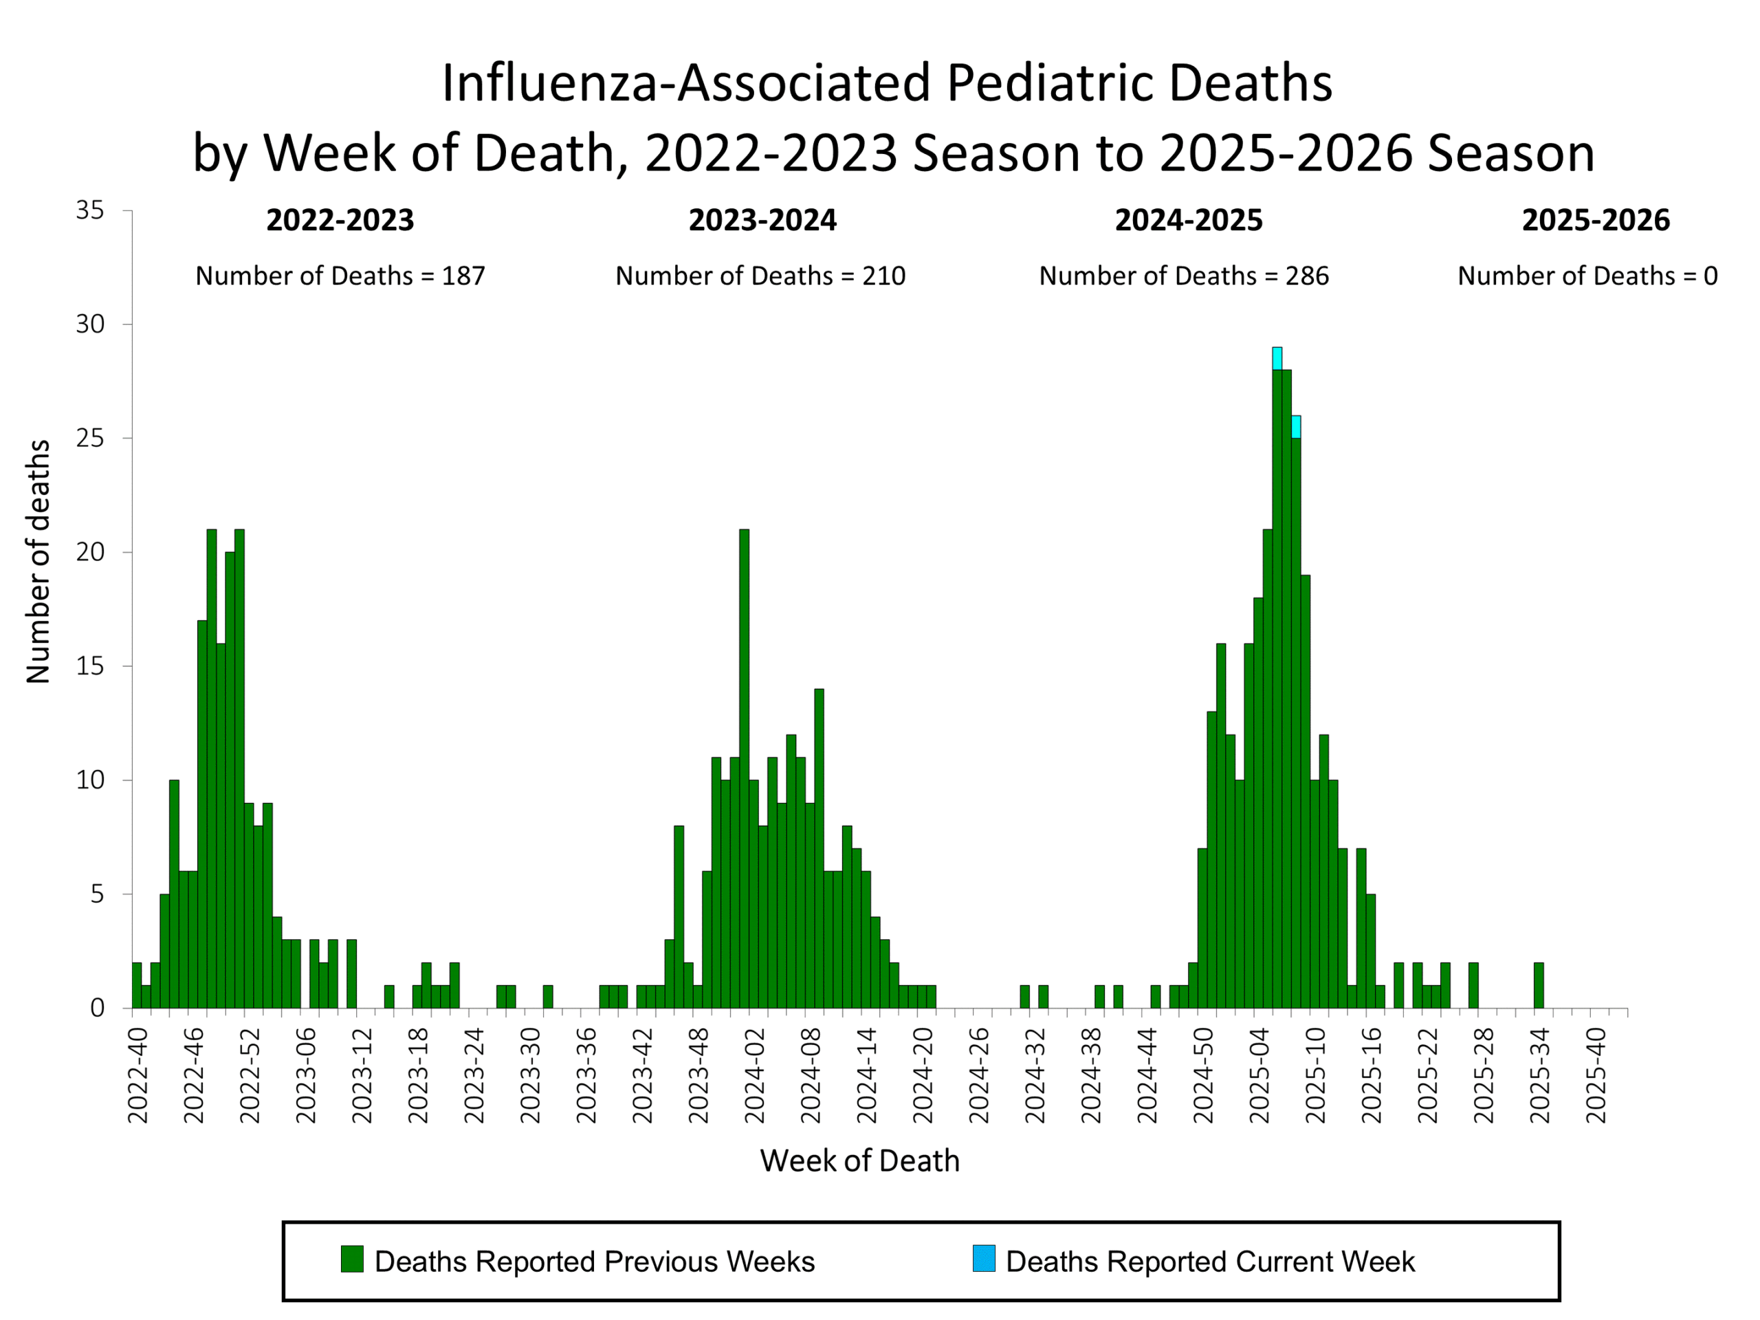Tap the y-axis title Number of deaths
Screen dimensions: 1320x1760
[x=38, y=562]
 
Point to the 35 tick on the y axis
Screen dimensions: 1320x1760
[x=90, y=211]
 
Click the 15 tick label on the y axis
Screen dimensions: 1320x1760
[x=90, y=666]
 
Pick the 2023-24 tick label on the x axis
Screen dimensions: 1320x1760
[x=474, y=1076]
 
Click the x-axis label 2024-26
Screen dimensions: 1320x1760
[x=979, y=1076]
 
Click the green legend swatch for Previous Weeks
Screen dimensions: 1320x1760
[x=352, y=1259]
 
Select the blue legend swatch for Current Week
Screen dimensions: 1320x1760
[x=983, y=1259]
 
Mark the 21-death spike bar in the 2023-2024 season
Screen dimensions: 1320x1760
[x=744, y=764]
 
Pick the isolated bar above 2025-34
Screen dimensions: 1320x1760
[x=1538, y=985]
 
